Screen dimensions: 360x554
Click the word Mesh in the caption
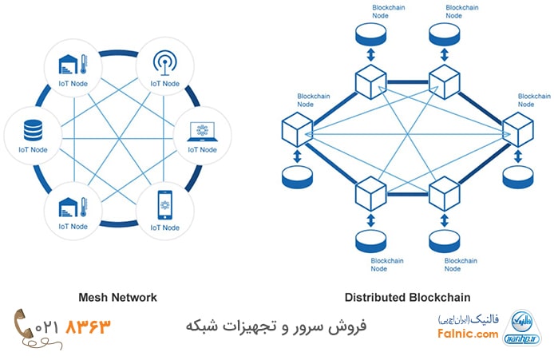[95, 297]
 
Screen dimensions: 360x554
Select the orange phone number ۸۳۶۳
[89, 326]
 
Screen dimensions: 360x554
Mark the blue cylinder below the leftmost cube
[296, 177]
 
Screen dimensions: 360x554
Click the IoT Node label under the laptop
[202, 149]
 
